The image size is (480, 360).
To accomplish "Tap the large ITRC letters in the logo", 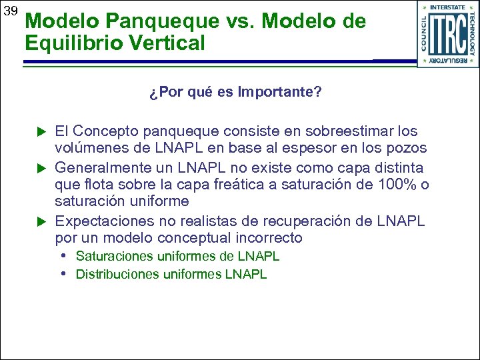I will [448, 33].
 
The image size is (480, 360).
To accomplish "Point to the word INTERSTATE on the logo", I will [448, 7].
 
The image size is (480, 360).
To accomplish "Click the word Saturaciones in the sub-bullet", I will [112, 257].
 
